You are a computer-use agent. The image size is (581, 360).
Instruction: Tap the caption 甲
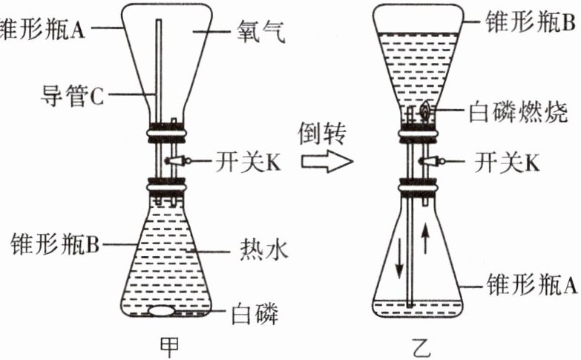(170, 345)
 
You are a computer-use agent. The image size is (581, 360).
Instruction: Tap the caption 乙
(418, 346)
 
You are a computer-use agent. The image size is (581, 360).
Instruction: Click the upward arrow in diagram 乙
(424, 239)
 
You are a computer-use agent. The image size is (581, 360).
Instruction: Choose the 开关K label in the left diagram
(249, 161)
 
